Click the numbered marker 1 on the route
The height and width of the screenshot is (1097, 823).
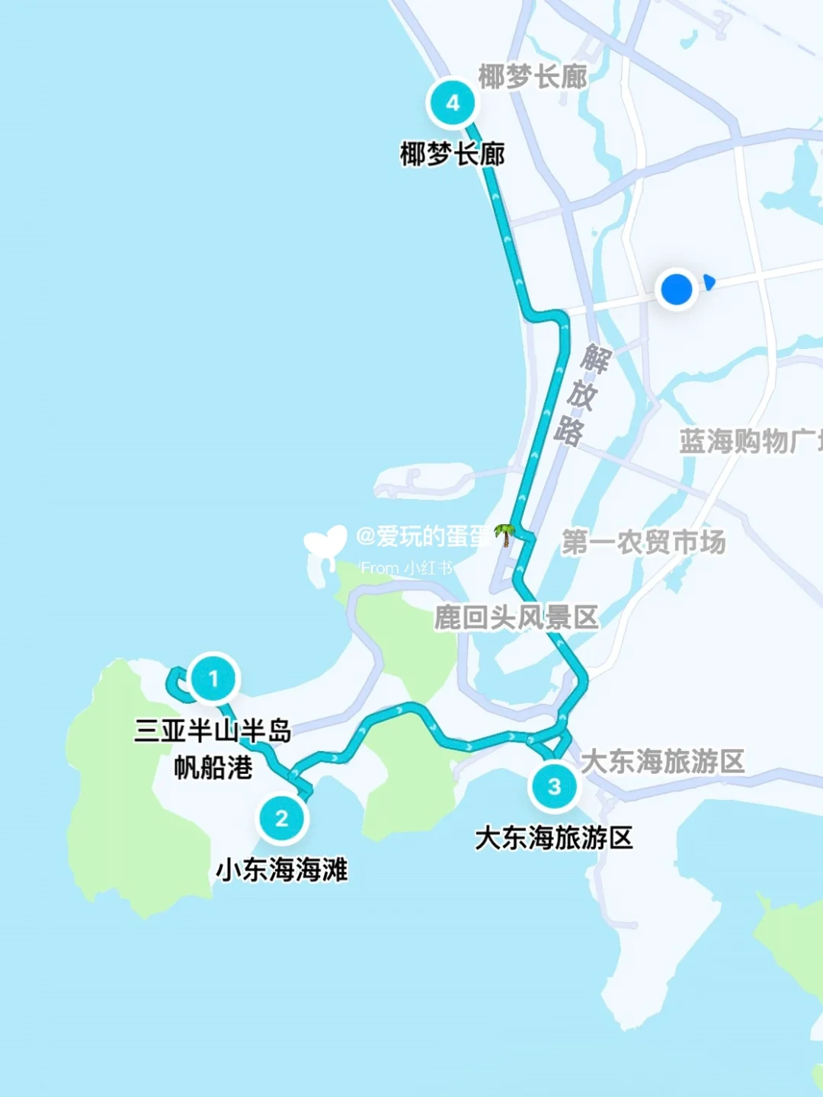coord(213,678)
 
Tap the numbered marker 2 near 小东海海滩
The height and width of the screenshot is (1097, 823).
coord(282,818)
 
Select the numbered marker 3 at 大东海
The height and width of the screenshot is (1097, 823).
coord(554,786)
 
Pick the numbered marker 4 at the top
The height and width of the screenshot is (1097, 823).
coord(453,103)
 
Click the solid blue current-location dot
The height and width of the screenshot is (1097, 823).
coord(676,289)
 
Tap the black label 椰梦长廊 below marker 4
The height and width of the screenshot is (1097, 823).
coord(453,155)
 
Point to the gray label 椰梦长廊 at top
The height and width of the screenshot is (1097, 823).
coord(533,76)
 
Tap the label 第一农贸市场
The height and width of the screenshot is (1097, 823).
coord(643,542)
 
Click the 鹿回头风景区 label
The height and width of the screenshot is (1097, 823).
coord(517,617)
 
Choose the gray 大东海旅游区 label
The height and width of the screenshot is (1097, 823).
coord(662,761)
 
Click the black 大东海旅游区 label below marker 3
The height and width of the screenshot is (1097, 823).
coord(554,838)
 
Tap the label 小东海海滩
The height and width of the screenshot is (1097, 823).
coord(282,869)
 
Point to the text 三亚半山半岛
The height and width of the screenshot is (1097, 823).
coord(213,731)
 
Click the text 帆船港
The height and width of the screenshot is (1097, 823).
coord(213,767)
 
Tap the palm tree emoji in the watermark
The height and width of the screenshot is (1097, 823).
coord(504,535)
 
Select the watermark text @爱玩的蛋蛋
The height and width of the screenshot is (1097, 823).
coord(423,536)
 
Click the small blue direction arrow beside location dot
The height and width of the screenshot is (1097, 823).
coord(709,283)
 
